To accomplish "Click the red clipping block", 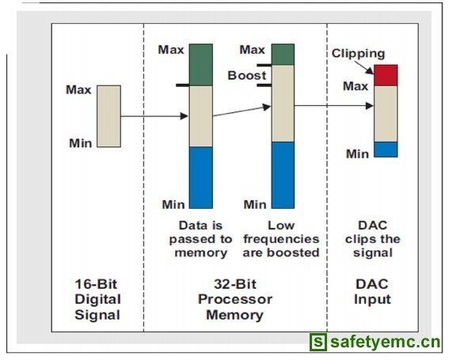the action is tap(386, 75).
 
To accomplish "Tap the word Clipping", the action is tap(358, 54).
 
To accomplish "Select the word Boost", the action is tap(247, 75).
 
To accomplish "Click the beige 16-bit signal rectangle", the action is tap(108, 116).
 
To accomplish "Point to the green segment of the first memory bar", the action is tap(201, 65).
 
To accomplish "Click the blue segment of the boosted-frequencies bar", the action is tap(283, 175).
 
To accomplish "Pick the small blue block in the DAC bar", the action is tap(386, 150).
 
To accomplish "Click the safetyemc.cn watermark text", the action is tap(386, 342).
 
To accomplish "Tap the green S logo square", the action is tap(318, 342).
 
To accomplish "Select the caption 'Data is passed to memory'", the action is tap(200, 239).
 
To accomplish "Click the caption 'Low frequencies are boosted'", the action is tap(281, 239).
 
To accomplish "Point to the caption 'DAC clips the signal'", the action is tap(372, 239).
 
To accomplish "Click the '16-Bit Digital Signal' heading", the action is tap(97, 300).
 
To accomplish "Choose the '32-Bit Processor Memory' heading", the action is tap(235, 300).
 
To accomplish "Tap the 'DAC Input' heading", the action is tap(372, 292).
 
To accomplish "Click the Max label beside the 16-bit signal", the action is tap(78, 90).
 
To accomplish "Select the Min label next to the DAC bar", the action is tap(357, 154).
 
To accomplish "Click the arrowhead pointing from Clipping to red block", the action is tap(371, 70).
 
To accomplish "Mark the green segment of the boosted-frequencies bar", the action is tap(283, 55).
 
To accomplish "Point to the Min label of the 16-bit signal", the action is tap(81, 143).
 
